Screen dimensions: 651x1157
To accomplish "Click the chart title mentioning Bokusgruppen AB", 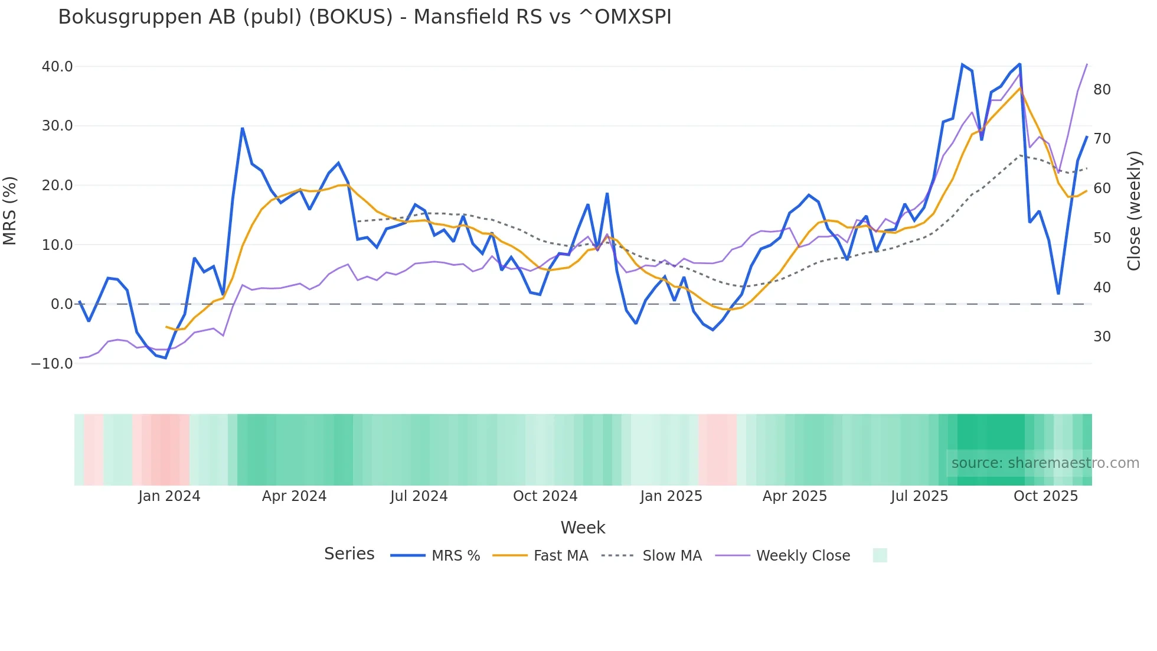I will pyautogui.click(x=364, y=17).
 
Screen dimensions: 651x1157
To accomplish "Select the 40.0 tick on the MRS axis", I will pyautogui.click(x=57, y=66).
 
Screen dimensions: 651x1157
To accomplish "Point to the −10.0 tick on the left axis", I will pyautogui.click(x=52, y=364).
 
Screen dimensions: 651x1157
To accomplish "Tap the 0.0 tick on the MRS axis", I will pyautogui.click(x=62, y=304).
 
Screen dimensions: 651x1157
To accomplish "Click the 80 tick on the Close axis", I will pyautogui.click(x=1102, y=90).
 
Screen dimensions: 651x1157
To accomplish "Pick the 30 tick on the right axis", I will pyautogui.click(x=1102, y=337).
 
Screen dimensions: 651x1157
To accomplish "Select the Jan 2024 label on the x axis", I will pyautogui.click(x=169, y=496).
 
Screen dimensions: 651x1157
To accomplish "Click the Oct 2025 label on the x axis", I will pyautogui.click(x=1045, y=496).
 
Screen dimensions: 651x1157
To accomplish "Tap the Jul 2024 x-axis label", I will pyautogui.click(x=419, y=496).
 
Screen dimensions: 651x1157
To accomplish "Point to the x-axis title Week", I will pyautogui.click(x=583, y=528).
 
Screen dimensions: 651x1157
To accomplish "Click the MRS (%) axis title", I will pyautogui.click(x=10, y=211).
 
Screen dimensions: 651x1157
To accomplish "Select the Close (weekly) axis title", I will pyautogui.click(x=1133, y=211).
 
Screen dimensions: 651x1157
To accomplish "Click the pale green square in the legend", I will pyautogui.click(x=880, y=555).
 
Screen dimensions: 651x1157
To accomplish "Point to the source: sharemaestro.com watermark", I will pyautogui.click(x=1045, y=463).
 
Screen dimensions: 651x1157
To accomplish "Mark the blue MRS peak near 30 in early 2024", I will pyautogui.click(x=243, y=128).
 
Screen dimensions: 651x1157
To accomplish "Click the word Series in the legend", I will pyautogui.click(x=349, y=554).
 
